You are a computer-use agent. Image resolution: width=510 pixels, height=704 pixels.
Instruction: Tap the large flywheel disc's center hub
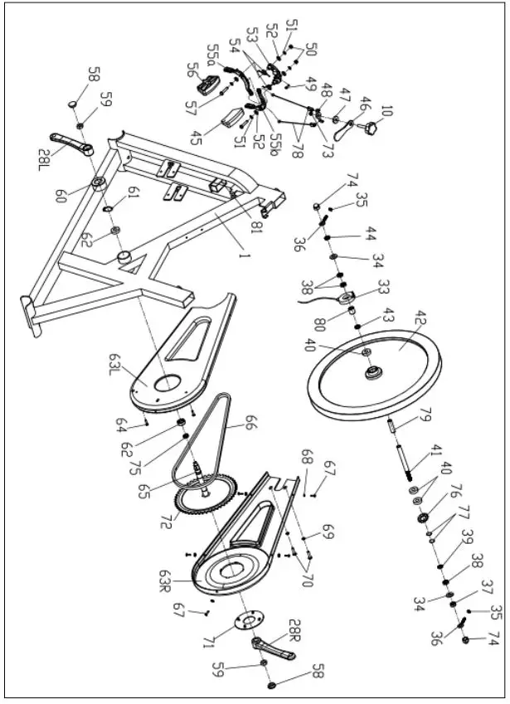click(373, 373)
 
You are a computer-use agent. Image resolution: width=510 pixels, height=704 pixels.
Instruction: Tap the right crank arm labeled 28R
click(274, 646)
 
